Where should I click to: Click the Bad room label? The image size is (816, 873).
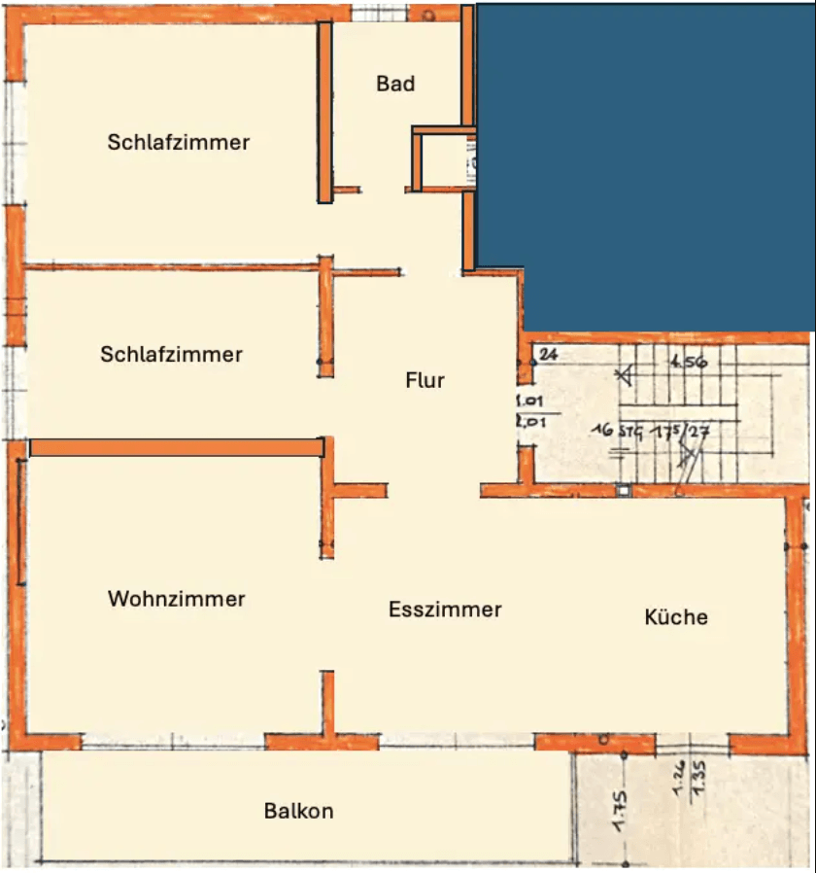click(x=395, y=84)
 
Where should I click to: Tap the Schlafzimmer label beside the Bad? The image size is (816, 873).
click(x=179, y=142)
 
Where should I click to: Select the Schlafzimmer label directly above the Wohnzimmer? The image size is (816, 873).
click(x=171, y=354)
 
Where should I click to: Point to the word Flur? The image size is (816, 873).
click(x=425, y=380)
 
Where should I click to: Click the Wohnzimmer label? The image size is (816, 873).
click(x=176, y=598)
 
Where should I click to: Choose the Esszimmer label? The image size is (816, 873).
click(x=445, y=610)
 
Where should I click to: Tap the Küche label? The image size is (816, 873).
click(x=676, y=616)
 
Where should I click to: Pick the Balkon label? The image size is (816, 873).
click(x=298, y=810)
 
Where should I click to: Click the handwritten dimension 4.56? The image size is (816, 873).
click(x=687, y=362)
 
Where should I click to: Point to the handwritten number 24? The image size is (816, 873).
click(x=548, y=354)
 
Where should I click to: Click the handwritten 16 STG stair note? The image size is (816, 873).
click(x=617, y=429)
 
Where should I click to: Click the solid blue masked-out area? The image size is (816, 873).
click(x=646, y=156)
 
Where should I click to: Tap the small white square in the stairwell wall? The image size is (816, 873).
click(x=623, y=491)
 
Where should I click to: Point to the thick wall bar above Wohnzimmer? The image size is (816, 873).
click(x=176, y=447)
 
